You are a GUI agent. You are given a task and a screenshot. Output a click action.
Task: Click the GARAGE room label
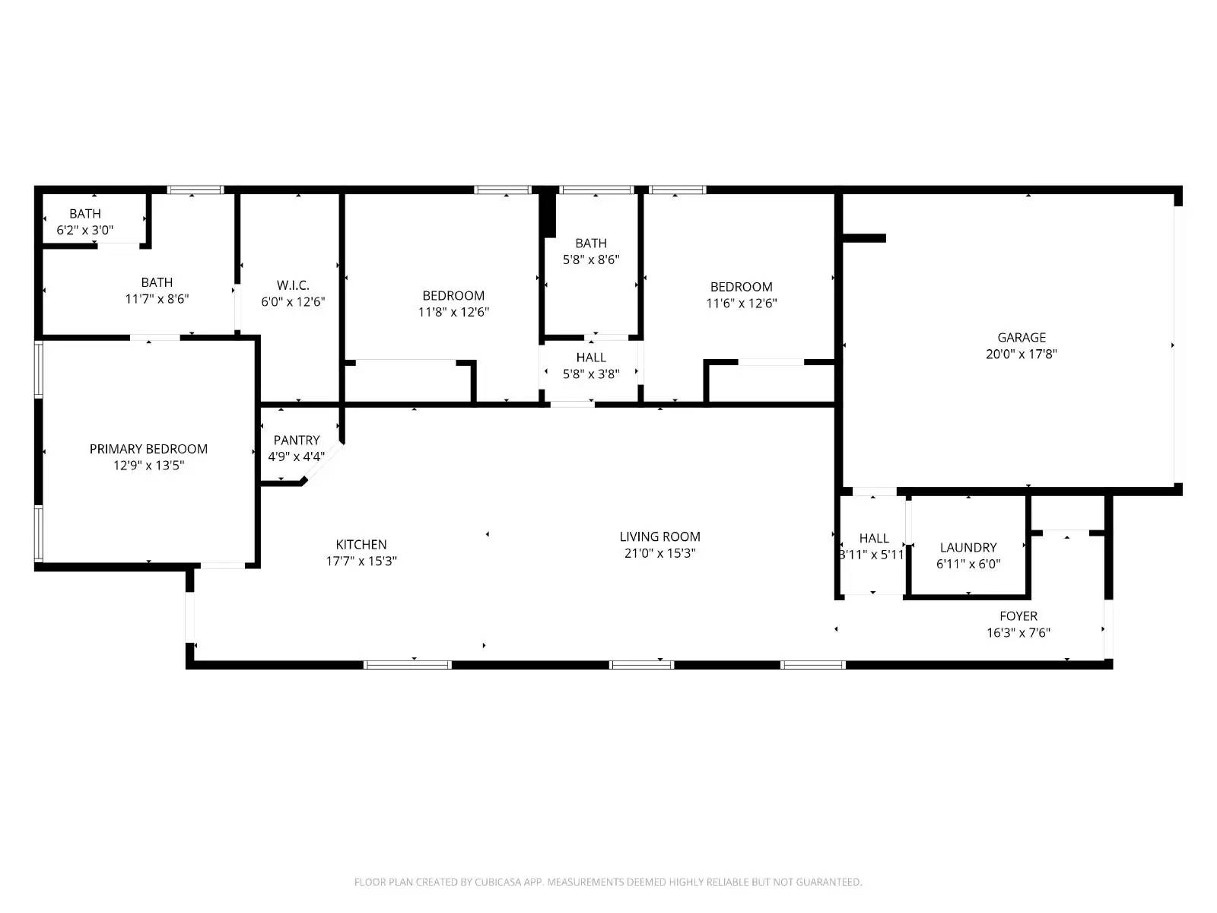[1022, 337]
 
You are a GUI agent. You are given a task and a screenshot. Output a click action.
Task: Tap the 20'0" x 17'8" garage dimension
[1022, 354]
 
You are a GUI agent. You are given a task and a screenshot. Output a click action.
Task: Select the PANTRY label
[297, 440]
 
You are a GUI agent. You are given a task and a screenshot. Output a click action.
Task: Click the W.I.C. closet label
[293, 285]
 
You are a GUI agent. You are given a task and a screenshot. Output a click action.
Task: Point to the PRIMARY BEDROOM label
[148, 449]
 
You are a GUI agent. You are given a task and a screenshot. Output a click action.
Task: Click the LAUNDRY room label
[968, 547]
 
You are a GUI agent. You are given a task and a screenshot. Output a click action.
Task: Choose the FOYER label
[1018, 616]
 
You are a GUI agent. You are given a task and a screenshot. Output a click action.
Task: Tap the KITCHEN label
[361, 544]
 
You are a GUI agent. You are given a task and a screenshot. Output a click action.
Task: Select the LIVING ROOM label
[659, 536]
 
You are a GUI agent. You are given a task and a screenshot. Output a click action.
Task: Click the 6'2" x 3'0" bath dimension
[85, 229]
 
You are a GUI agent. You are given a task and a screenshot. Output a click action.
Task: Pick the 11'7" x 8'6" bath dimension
[157, 299]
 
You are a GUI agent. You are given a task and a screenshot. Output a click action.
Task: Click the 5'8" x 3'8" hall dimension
[591, 374]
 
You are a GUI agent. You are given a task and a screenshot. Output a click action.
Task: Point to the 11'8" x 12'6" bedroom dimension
[453, 312]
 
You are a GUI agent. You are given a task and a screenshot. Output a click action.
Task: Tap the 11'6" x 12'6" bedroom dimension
[741, 303]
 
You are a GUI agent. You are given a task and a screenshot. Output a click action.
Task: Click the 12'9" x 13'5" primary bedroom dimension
[148, 466]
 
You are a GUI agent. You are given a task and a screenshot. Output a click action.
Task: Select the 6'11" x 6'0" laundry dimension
[968, 564]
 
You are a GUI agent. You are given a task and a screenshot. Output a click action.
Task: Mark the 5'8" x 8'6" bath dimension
[591, 259]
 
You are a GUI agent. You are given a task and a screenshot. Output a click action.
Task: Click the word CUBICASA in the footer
[497, 882]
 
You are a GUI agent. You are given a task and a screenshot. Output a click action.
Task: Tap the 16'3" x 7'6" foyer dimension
[1018, 632]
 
